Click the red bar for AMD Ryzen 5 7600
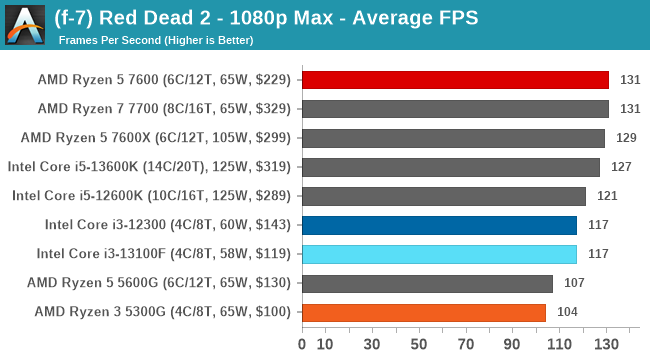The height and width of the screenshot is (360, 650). point(455,80)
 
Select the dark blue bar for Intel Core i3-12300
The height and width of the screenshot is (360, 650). point(439,225)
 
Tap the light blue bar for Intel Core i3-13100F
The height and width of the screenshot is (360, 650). point(439,254)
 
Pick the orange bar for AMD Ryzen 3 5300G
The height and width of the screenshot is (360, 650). point(424,312)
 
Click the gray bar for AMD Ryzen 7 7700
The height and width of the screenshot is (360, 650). point(455,109)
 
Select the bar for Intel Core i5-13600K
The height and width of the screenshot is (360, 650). point(451,167)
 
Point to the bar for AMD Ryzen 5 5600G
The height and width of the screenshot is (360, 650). point(427,283)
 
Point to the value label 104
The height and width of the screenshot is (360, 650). point(567,312)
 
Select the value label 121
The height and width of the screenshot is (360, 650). point(607,196)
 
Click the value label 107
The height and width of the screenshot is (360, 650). point(574,283)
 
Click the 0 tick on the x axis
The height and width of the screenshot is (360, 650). point(303,345)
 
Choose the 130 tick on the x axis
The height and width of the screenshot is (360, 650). point(606,345)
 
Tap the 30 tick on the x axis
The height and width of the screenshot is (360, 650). point(373,345)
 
